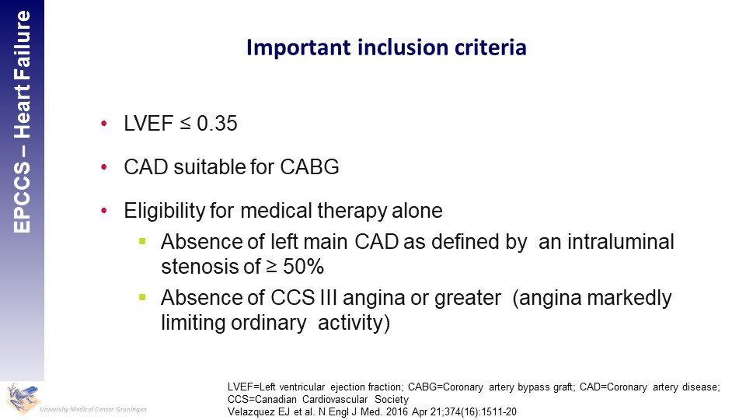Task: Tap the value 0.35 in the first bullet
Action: (x=217, y=124)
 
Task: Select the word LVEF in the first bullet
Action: (x=148, y=124)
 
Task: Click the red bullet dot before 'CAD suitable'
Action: (x=104, y=167)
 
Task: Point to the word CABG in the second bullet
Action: (x=309, y=167)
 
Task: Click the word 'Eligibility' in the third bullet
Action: (x=164, y=211)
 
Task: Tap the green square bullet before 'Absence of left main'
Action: (x=142, y=241)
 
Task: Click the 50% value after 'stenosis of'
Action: (x=304, y=266)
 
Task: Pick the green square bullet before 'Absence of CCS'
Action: (x=142, y=297)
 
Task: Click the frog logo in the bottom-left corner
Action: (x=22, y=398)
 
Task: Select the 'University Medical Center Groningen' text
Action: (x=93, y=409)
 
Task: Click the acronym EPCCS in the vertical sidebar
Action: (x=22, y=197)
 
